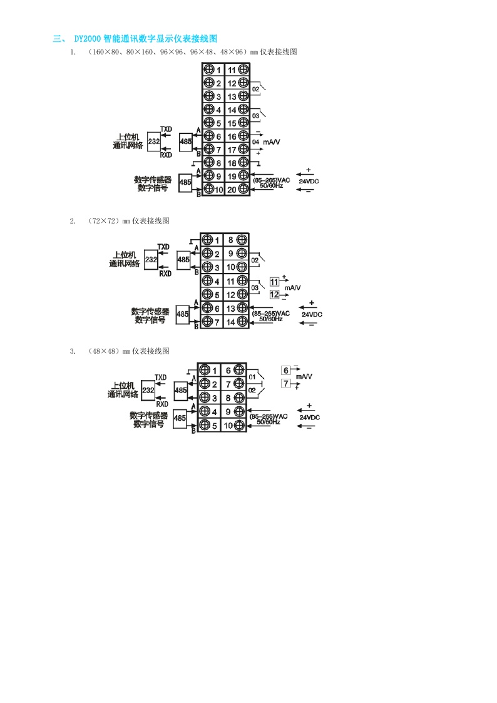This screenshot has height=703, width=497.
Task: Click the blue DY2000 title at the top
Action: [x=145, y=39]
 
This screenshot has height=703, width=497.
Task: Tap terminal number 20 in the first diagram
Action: [x=232, y=189]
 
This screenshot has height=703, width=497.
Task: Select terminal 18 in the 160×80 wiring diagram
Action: [x=232, y=163]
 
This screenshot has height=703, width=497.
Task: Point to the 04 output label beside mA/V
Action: [x=255, y=142]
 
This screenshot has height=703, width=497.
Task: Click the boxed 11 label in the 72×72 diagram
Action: [x=274, y=281]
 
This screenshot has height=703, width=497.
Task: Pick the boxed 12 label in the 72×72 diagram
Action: [x=274, y=294]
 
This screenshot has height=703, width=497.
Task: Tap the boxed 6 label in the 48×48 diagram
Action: [x=286, y=370]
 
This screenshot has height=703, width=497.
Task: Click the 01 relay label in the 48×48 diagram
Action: [x=252, y=377]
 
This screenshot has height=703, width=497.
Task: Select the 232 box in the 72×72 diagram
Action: [x=151, y=259]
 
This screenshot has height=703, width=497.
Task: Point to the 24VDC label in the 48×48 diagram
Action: [x=309, y=417]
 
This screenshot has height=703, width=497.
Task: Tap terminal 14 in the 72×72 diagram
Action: [x=230, y=322]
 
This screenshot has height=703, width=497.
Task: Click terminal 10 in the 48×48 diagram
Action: [x=228, y=426]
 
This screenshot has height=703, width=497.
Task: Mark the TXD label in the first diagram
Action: [x=166, y=129]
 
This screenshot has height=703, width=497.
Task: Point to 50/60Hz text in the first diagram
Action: [x=271, y=186]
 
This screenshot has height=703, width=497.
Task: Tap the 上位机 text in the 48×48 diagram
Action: [x=123, y=386]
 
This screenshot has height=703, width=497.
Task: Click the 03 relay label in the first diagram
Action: [x=255, y=116]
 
